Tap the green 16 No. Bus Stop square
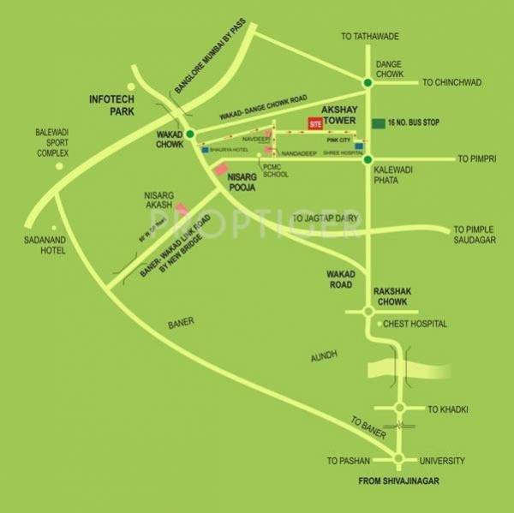(379, 123)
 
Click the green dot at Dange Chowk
(368, 82)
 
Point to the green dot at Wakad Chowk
(190, 134)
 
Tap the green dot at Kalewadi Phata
(368, 159)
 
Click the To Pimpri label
(477, 159)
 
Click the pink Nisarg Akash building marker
(182, 208)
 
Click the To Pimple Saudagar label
(475, 235)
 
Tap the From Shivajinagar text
(398, 482)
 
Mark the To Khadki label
(448, 409)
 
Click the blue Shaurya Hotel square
(206, 148)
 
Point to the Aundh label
(326, 354)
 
